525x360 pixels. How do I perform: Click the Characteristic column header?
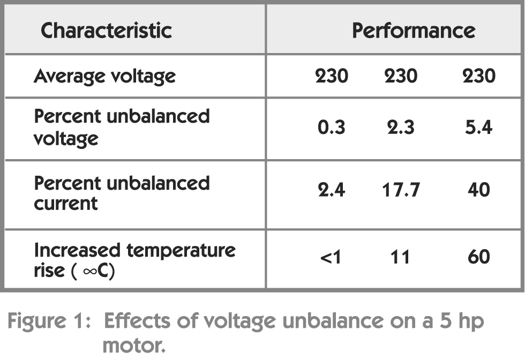pyautogui.click(x=106, y=31)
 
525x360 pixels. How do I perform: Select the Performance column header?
pyautogui.click(x=413, y=31)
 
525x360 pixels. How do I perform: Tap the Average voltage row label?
pyautogui.click(x=104, y=77)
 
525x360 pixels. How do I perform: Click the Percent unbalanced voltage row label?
pyautogui.click(x=122, y=127)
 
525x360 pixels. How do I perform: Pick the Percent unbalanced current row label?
pyautogui.click(x=122, y=193)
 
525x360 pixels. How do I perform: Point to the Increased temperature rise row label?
pyautogui.click(x=134, y=260)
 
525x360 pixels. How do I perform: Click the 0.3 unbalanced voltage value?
pyautogui.click(x=331, y=129)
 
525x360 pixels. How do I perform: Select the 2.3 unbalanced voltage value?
pyautogui.click(x=400, y=129)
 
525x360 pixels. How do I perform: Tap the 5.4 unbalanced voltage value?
pyautogui.click(x=478, y=129)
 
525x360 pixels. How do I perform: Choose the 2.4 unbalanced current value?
pyautogui.click(x=331, y=190)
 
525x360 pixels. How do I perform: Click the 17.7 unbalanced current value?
pyautogui.click(x=400, y=190)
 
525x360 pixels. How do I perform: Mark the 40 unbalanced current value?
pyautogui.click(x=478, y=190)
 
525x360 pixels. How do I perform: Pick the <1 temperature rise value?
pyautogui.click(x=331, y=257)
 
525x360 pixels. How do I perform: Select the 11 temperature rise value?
pyautogui.click(x=400, y=257)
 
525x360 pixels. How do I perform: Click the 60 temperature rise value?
pyautogui.click(x=478, y=257)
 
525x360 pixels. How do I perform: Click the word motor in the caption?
pyautogui.click(x=133, y=345)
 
